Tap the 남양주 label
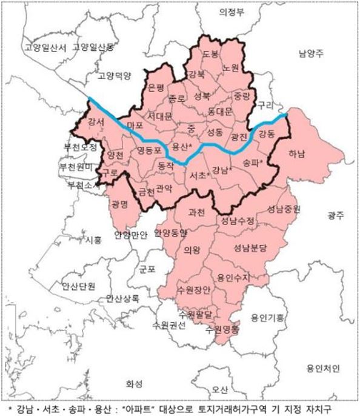point(310,53)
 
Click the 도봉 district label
point(210,54)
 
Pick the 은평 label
point(156,87)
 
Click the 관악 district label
point(164,188)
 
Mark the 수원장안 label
point(195,290)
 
